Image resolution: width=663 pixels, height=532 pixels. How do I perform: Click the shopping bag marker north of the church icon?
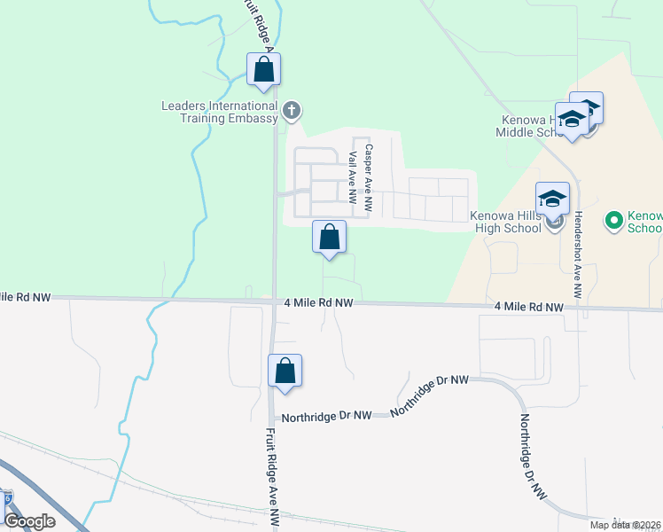[263, 70]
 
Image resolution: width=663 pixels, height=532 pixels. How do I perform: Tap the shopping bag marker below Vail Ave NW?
[329, 238]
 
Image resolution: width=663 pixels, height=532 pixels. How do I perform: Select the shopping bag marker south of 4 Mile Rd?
[285, 372]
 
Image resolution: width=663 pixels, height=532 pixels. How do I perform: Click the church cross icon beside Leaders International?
[292, 112]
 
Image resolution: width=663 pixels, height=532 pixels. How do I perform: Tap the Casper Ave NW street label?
[369, 178]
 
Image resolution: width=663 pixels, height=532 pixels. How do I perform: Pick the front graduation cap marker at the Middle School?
[573, 120]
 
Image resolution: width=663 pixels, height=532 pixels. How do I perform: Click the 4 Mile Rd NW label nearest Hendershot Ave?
[529, 308]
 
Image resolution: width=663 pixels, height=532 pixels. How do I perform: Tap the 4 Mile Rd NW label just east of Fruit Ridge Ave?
[319, 303]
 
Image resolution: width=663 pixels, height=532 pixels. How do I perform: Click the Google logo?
[29, 521]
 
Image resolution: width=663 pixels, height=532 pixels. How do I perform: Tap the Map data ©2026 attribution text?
[626, 524]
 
